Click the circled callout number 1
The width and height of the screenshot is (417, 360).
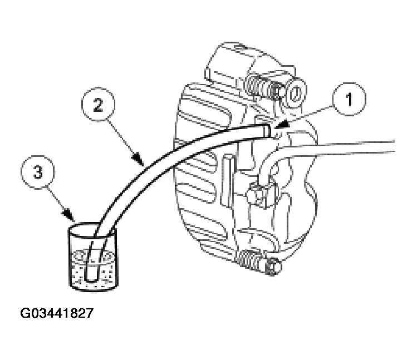349,99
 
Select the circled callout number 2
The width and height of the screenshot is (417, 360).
98,105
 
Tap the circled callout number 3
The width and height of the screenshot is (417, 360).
38,172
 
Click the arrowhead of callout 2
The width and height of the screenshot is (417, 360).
139,160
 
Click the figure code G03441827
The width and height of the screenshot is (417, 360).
57,313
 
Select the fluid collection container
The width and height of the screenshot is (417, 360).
93,257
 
